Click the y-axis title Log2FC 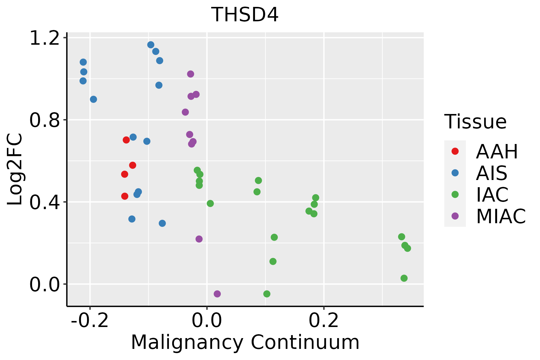coord(15,169)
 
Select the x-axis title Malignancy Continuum coord(245,342)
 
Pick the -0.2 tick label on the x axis coord(90,321)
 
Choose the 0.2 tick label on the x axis coord(324,321)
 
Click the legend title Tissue coord(475,122)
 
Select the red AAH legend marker coord(455,151)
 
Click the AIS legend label coord(491,173)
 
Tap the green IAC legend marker coord(455,194)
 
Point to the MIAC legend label coord(501,216)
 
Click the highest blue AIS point coord(151,45)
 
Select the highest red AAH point coord(126,140)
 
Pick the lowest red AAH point coord(125,196)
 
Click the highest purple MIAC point coord(190,74)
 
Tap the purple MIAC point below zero coord(217,294)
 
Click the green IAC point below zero coord(267,294)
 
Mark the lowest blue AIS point coord(162,223)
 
